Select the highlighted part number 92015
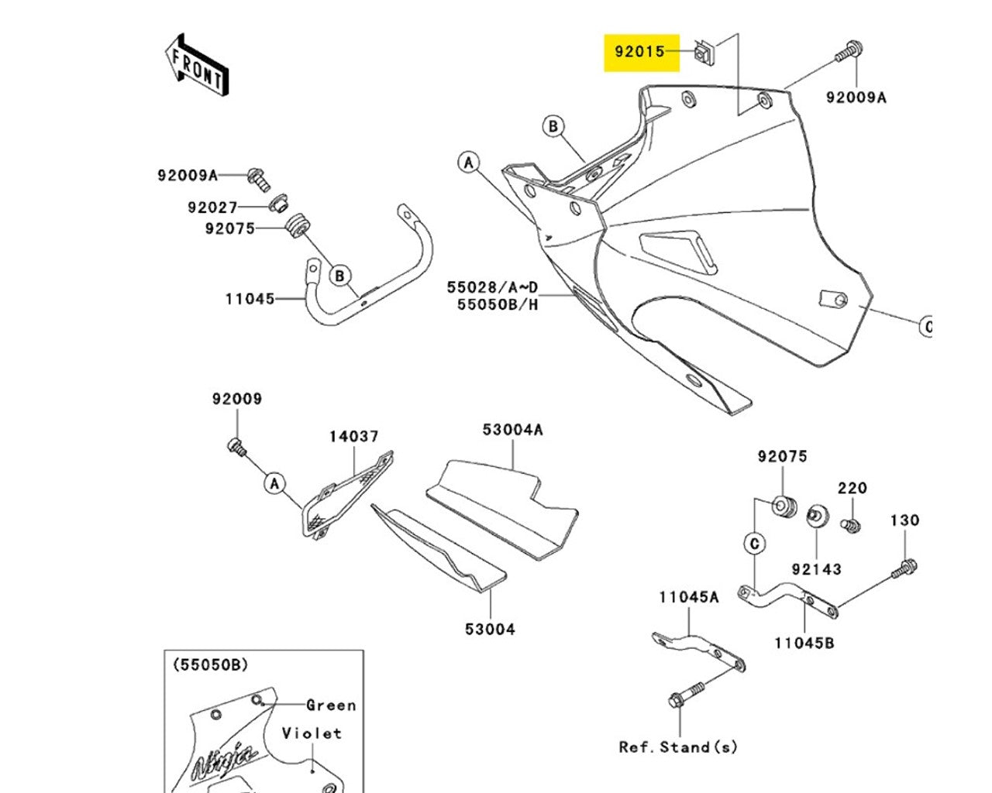coord(640,52)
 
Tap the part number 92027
coord(212,208)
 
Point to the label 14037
coord(353,437)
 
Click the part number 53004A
coord(512,429)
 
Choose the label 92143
coord(816,569)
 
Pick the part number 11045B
coord(804,643)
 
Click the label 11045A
coord(689,597)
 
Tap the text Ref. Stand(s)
coord(678,747)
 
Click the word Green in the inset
coord(331,705)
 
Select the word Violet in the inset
coord(312,733)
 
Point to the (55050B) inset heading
coord(210,664)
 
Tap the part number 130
coord(904,520)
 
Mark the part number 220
coord(852,488)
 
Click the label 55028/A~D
coord(491,287)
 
